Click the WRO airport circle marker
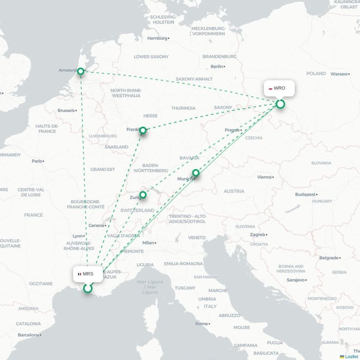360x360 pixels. [280, 104]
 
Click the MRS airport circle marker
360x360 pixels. [88, 288]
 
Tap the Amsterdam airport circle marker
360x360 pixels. [81, 71]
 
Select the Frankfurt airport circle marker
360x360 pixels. [143, 130]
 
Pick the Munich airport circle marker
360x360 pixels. [196, 173]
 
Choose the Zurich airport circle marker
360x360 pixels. [143, 195]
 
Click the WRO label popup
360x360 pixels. [279, 88]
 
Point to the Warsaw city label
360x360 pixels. [339, 74]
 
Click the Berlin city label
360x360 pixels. [216, 67]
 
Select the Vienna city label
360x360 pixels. [264, 177]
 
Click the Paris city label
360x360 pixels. [36, 161]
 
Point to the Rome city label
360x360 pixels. [201, 324]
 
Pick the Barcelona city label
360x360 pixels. [29, 335]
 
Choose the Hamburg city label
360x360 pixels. [157, 38]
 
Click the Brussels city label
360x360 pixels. [66, 110]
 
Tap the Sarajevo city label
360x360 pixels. [296, 280]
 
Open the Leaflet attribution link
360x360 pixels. [351, 356]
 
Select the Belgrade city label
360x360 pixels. [328, 258]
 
